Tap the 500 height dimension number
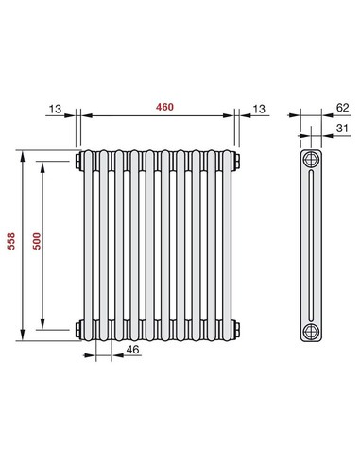pos(37,244)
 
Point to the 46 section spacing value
pos(132,350)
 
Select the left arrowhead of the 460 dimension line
pos(82,115)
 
